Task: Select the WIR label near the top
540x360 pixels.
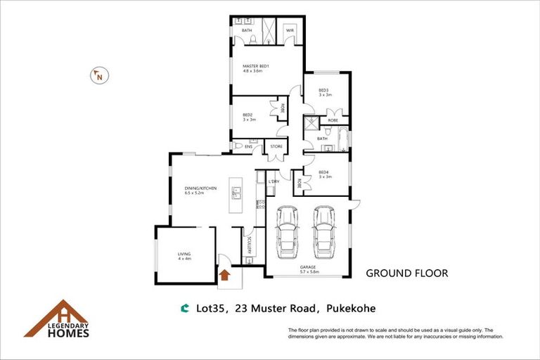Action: tap(289, 31)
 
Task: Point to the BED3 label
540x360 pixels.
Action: tap(323, 90)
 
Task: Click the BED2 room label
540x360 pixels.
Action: tap(248, 115)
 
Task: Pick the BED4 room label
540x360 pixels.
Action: tap(323, 172)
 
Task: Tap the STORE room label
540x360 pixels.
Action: tap(276, 147)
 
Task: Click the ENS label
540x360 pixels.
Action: tap(248, 146)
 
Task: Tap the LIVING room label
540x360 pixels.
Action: tap(184, 254)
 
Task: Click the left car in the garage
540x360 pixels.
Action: tap(288, 232)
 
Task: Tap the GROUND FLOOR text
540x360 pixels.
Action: tap(406, 273)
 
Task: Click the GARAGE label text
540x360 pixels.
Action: tap(307, 267)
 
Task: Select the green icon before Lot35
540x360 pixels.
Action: tap(185, 308)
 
